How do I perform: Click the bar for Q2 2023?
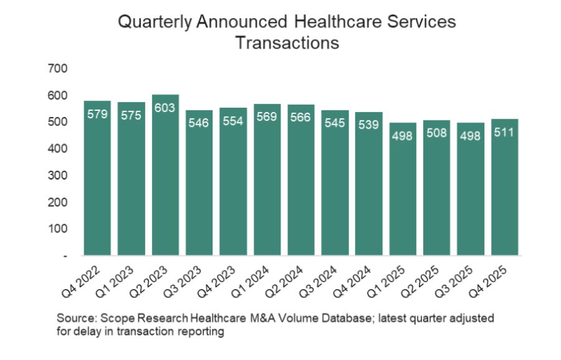(x=165, y=175)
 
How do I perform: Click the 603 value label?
(x=165, y=107)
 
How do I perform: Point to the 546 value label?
(x=199, y=123)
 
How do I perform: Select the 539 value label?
(x=369, y=125)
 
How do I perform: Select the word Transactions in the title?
(x=287, y=43)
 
